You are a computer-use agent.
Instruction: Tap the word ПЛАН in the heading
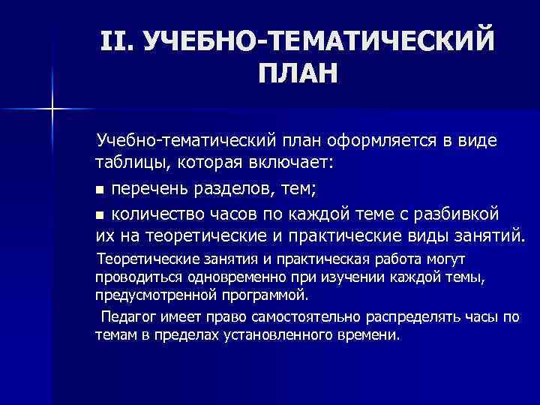pyautogui.click(x=298, y=74)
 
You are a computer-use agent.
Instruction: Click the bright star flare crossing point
pyautogui.click(x=53, y=109)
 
